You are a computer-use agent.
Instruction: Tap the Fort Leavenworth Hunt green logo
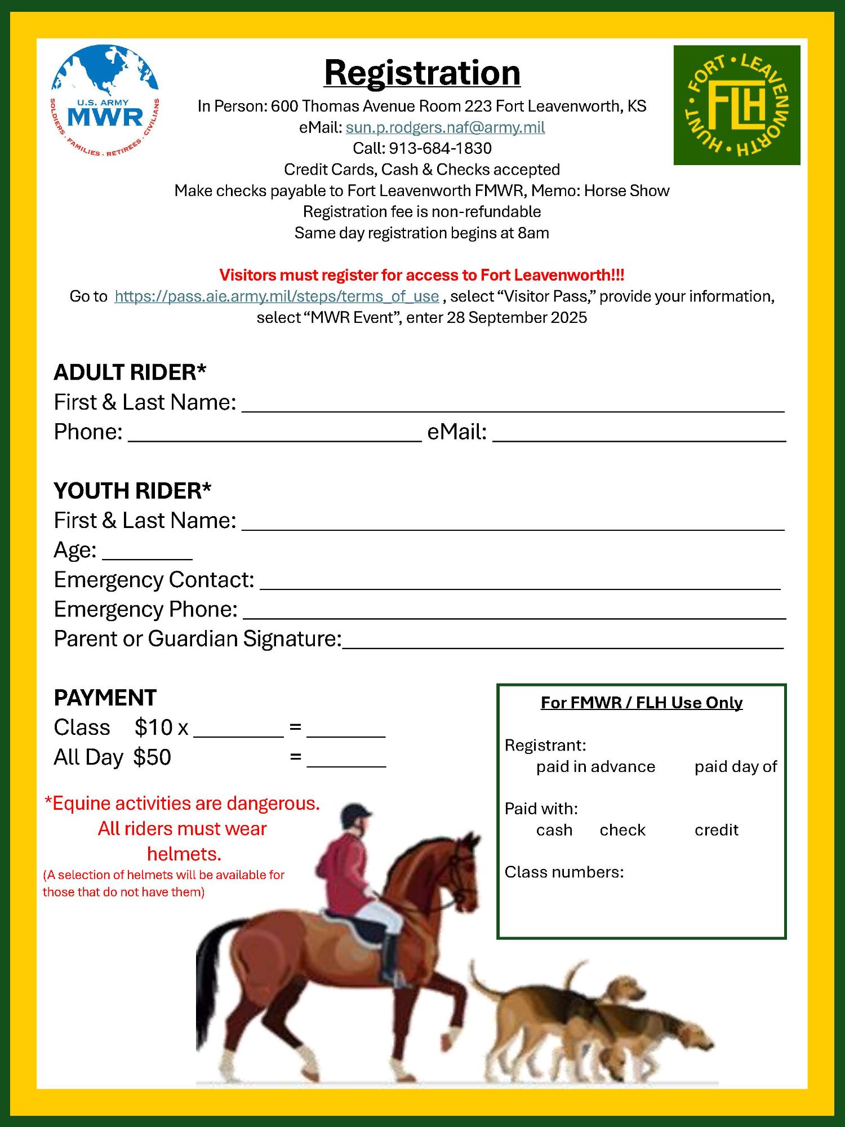(x=736, y=105)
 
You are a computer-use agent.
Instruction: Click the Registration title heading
(x=422, y=73)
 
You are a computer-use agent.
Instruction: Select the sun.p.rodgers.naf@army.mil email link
(x=445, y=127)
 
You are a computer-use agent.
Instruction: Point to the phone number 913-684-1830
(x=440, y=148)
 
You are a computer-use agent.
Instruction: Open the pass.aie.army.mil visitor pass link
(x=277, y=296)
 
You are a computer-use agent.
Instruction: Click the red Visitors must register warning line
(x=422, y=275)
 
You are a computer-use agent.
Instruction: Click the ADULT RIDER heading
(x=130, y=372)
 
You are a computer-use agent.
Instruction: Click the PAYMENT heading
(x=105, y=698)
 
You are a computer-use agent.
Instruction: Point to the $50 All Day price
(x=152, y=757)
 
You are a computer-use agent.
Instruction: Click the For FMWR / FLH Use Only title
(x=642, y=703)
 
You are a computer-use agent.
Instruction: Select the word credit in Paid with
(x=716, y=830)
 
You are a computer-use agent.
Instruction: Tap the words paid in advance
(x=595, y=767)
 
